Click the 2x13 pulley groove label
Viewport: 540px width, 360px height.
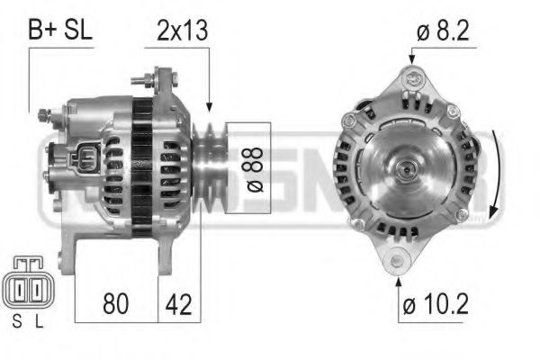[183, 29]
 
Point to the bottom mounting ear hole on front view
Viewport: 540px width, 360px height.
[397, 261]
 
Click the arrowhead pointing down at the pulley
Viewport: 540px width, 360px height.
[209, 105]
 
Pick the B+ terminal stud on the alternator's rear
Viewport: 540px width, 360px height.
[43, 114]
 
